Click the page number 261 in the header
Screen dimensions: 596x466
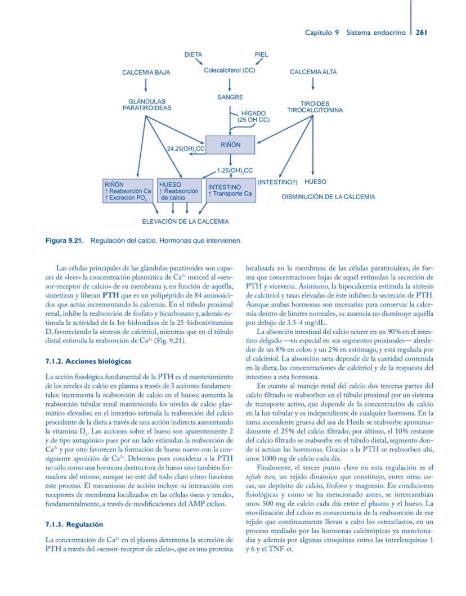tap(422, 33)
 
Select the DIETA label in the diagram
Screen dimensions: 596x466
tap(193, 55)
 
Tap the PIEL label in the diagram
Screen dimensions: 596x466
tap(261, 55)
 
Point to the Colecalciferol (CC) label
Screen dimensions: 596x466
tap(230, 70)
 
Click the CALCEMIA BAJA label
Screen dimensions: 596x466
tap(146, 73)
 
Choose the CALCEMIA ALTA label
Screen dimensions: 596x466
tap(313, 72)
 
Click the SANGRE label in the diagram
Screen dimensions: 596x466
tap(230, 98)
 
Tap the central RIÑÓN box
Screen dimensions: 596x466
tap(230, 145)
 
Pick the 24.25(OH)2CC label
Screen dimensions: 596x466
tap(185, 149)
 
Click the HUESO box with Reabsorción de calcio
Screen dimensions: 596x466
tap(178, 191)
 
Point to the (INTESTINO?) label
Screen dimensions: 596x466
tap(277, 182)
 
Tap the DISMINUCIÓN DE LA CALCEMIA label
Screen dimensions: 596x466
tap(328, 197)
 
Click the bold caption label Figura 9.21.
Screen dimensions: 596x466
tap(65, 241)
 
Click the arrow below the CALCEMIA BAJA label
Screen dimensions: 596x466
tap(146, 84)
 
